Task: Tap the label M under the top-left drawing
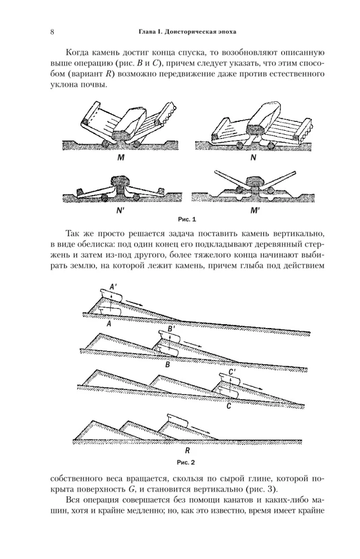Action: click(x=120, y=158)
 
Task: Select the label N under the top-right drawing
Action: click(x=253, y=158)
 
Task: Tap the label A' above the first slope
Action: click(x=113, y=286)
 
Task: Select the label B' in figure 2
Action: click(x=172, y=329)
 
